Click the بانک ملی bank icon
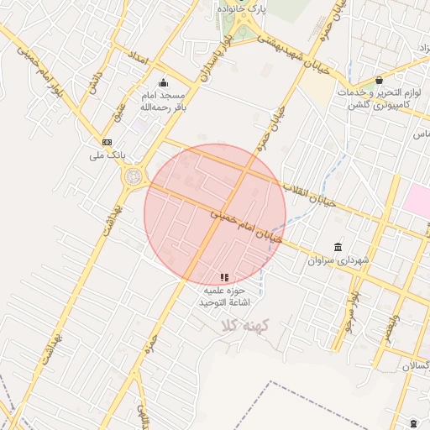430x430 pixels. click(107, 142)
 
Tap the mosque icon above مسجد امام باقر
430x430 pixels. click(163, 82)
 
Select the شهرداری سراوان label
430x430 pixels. click(338, 261)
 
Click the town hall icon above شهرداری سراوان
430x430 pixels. click(338, 247)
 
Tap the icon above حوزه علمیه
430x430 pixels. click(223, 277)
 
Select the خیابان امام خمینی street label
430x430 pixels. click(245, 225)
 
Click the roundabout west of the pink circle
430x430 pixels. click(133, 177)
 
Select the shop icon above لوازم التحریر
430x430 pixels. click(380, 80)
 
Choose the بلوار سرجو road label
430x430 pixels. click(352, 312)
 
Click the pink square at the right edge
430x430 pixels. click(417, 200)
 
